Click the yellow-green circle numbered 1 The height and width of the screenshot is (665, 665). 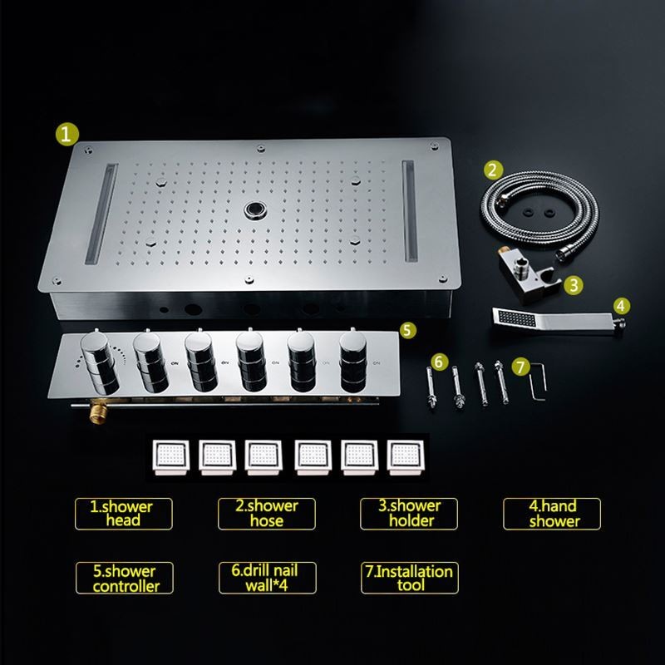[x=67, y=134]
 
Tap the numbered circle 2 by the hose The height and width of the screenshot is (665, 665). [x=493, y=170]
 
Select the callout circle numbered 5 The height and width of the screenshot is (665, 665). [x=407, y=330]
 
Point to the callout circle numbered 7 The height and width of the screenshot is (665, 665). [x=521, y=367]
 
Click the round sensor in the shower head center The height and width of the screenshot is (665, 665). [x=255, y=209]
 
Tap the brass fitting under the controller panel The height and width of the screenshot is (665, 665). [x=97, y=412]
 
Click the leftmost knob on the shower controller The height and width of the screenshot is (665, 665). [x=100, y=362]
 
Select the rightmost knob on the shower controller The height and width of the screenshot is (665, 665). [x=353, y=361]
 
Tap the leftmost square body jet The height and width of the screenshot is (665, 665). [x=171, y=457]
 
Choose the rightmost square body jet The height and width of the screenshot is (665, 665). [x=405, y=457]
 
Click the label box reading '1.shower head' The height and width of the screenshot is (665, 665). [x=123, y=514]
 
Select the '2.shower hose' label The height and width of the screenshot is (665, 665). [x=266, y=514]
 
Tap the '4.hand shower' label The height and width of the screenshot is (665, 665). [x=552, y=514]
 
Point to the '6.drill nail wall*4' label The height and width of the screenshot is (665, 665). [x=267, y=578]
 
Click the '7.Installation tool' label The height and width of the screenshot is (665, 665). [x=410, y=578]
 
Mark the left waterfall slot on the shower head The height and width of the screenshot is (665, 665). [x=101, y=214]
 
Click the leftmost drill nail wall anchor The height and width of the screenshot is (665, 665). [x=431, y=387]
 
